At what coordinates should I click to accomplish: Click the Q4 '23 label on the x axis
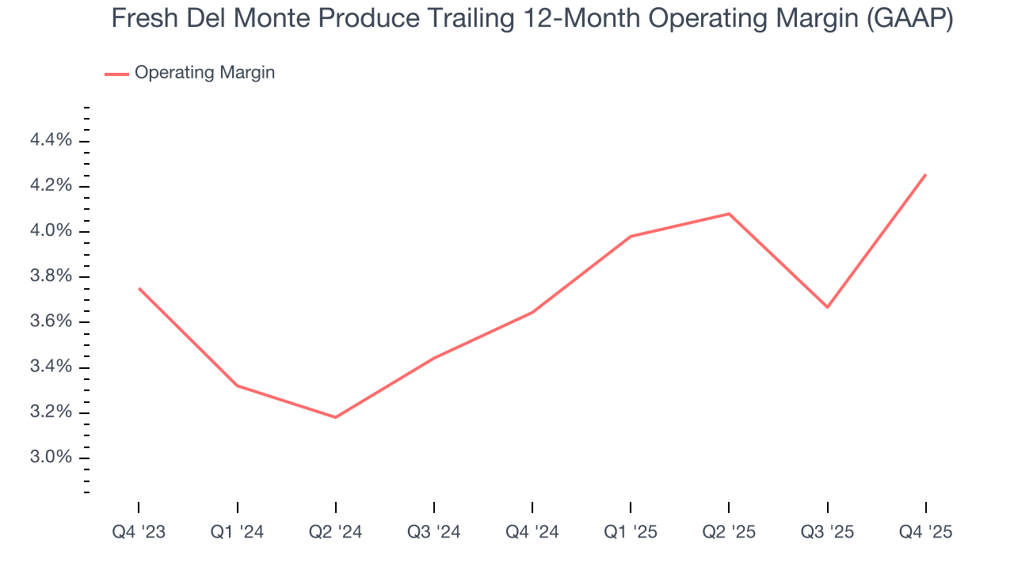(139, 532)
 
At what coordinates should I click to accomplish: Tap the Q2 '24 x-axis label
(336, 532)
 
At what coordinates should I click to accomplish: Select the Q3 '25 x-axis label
(828, 532)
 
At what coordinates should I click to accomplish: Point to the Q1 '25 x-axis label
(631, 532)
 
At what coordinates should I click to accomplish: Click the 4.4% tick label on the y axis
(51, 141)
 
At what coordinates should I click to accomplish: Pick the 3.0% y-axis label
(51, 458)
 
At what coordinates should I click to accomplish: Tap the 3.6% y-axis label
(51, 322)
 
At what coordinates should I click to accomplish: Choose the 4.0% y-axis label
(51, 232)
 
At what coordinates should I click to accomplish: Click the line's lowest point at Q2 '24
(336, 417)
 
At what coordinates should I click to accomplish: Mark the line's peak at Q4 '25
(926, 175)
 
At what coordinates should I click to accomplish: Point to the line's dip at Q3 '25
(828, 307)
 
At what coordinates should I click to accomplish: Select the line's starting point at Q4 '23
(139, 288)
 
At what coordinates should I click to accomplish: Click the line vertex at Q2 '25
(729, 214)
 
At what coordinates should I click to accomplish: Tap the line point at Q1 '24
(238, 386)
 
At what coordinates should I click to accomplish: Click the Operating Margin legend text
(204, 73)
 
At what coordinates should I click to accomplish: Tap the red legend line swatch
(116, 74)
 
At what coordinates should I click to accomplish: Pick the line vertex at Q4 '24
(532, 312)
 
